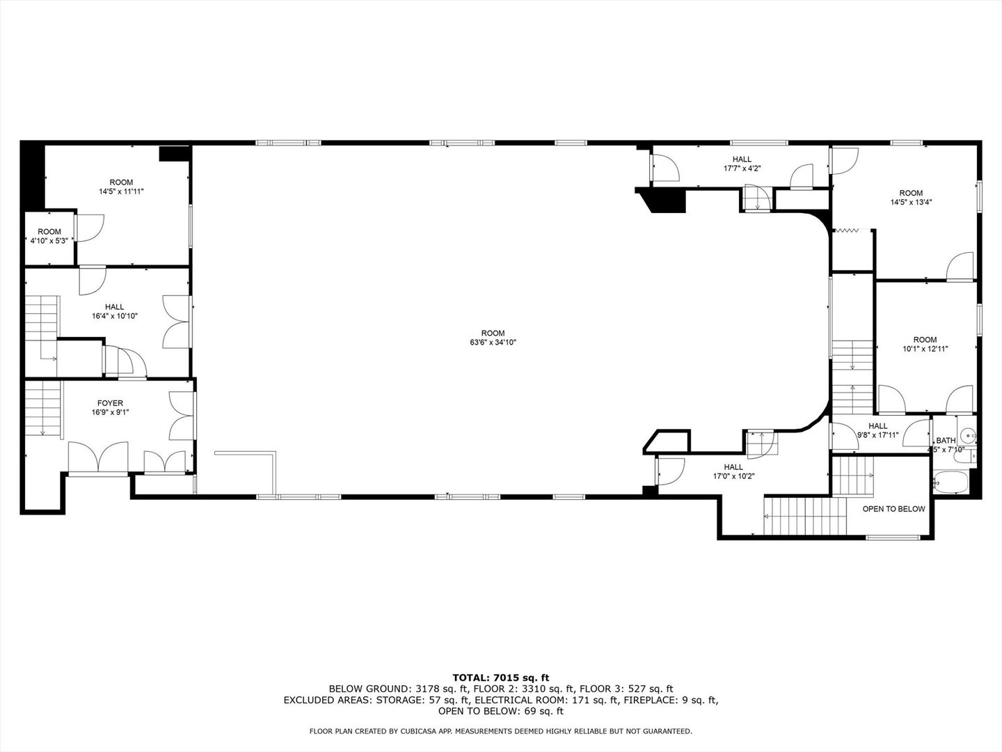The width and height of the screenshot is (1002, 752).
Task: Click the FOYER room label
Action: click(x=110, y=403)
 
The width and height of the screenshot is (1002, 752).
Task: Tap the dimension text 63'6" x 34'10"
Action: click(x=493, y=343)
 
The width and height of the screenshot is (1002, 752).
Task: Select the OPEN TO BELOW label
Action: click(x=893, y=509)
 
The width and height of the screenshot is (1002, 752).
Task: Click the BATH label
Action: click(x=946, y=441)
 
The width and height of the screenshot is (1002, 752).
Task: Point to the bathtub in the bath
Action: click(x=950, y=482)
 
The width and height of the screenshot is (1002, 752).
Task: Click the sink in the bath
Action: click(x=967, y=436)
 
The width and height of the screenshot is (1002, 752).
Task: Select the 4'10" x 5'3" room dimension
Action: click(x=49, y=241)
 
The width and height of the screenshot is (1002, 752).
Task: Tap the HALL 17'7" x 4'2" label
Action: click(x=742, y=164)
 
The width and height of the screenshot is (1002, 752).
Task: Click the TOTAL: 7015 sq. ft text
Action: click(x=500, y=677)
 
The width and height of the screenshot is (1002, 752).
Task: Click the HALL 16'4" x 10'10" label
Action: click(x=115, y=311)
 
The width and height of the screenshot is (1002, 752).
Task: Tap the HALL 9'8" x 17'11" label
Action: click(x=877, y=430)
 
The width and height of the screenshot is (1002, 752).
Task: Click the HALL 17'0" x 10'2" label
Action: click(x=733, y=472)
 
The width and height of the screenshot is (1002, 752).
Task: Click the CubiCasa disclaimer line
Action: click(x=500, y=731)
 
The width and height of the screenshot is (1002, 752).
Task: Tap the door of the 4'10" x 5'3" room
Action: click(x=88, y=228)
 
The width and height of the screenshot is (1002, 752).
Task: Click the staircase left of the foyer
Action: click(x=42, y=407)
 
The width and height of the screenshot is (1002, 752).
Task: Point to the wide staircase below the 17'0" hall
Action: click(x=804, y=516)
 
